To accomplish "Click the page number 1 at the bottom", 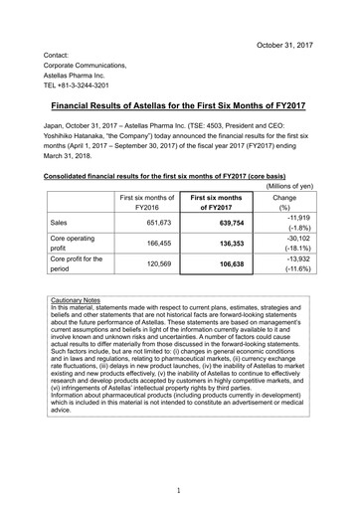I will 180,491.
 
